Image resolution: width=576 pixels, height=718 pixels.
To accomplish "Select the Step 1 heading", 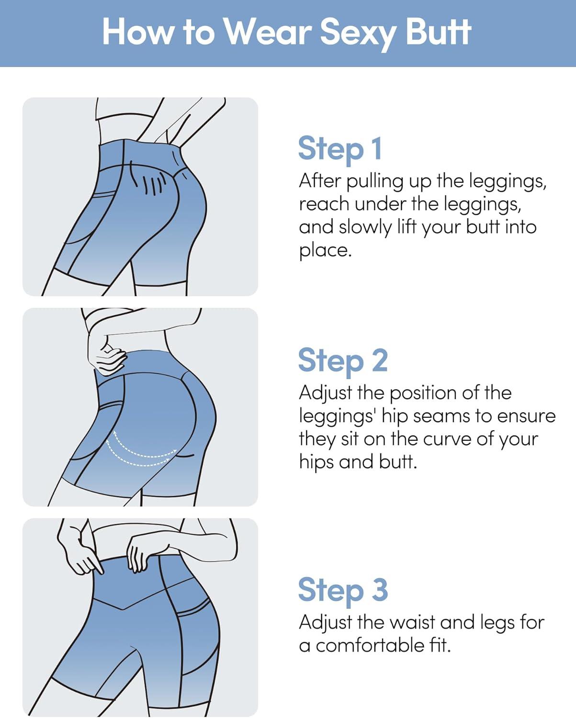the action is tap(340, 149).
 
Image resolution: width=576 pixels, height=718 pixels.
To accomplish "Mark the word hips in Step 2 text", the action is tap(316, 463).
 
